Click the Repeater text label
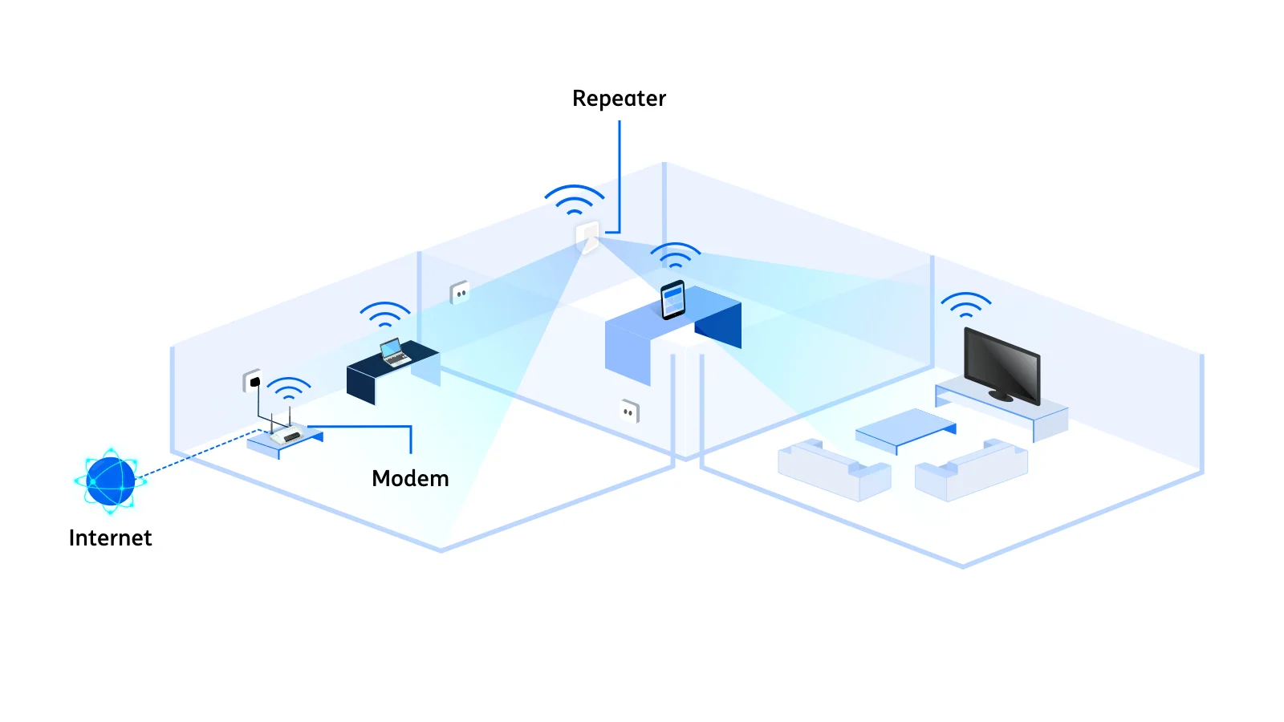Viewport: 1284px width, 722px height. [619, 99]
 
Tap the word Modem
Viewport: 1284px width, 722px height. [410, 479]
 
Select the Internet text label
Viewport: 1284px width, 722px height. [110, 538]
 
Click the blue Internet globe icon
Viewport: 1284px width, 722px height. [111, 481]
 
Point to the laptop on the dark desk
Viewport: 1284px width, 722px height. [393, 352]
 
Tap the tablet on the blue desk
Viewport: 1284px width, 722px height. [672, 300]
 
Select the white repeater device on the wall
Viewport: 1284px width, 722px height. [587, 237]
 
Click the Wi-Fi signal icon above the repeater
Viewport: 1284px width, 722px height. [575, 199]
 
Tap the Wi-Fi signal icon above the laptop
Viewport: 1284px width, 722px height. [385, 314]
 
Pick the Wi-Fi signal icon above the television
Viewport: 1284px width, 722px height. [965, 305]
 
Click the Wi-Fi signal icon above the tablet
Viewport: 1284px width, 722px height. [675, 255]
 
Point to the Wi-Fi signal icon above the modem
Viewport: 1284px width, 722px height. [288, 388]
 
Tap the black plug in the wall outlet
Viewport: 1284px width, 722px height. [255, 382]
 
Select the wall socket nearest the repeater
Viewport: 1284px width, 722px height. [460, 293]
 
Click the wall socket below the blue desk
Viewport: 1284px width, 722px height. [629, 412]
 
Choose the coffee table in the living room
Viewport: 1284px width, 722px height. [905, 428]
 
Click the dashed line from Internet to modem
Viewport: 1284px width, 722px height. [197, 455]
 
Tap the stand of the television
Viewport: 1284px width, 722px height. [1000, 396]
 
